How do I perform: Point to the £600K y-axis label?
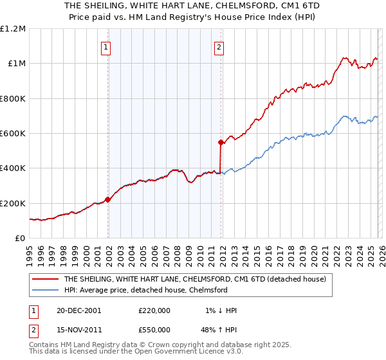(x=13, y=134)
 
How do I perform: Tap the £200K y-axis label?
(x=13, y=203)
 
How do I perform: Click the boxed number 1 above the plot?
(x=106, y=46)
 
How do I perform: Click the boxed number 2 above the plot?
(x=219, y=46)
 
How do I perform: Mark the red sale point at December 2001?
(x=108, y=199)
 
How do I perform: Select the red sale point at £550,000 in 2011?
(x=221, y=142)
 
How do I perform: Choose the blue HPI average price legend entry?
(x=145, y=290)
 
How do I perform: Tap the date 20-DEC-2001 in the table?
(x=78, y=310)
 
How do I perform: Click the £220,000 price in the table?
(x=154, y=310)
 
